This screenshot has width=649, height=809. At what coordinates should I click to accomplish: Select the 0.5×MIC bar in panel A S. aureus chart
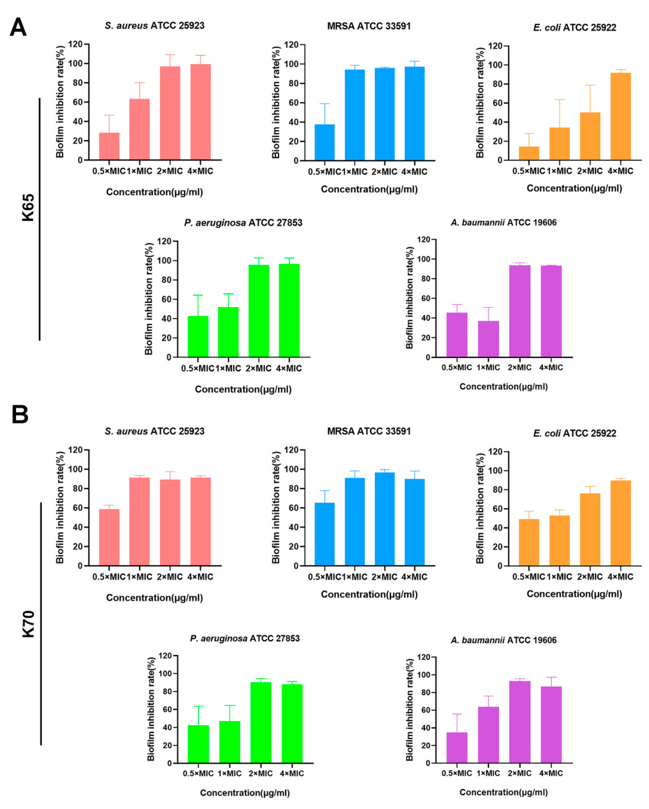tap(109, 146)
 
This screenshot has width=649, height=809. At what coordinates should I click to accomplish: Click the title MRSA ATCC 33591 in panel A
tap(369, 26)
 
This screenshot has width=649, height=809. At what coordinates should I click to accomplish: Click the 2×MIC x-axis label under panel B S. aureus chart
tap(170, 577)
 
